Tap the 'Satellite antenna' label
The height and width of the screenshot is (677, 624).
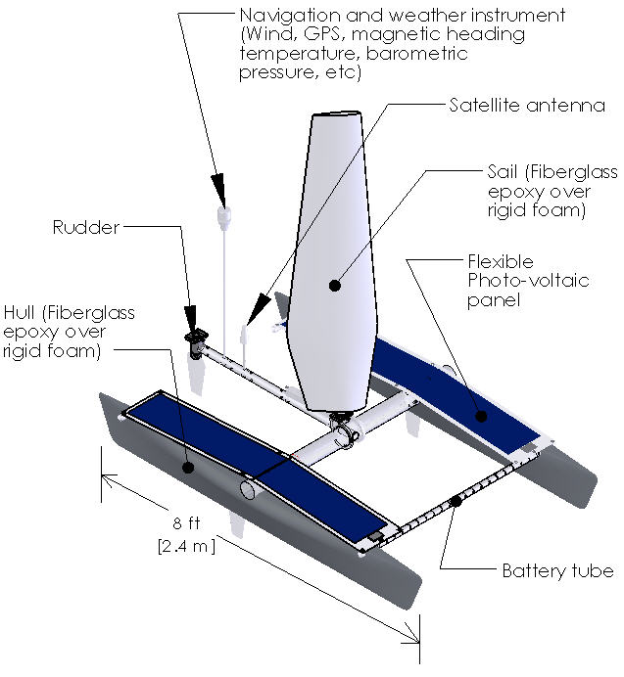527,106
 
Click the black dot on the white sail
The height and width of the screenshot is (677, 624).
335,286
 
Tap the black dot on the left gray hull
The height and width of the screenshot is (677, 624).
186,467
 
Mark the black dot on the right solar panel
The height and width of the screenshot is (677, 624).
481,415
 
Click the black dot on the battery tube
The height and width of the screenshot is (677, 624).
456,502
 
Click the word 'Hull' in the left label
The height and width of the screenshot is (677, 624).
22,313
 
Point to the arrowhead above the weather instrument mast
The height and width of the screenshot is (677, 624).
219,190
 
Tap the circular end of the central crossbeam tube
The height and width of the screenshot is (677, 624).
249,486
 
